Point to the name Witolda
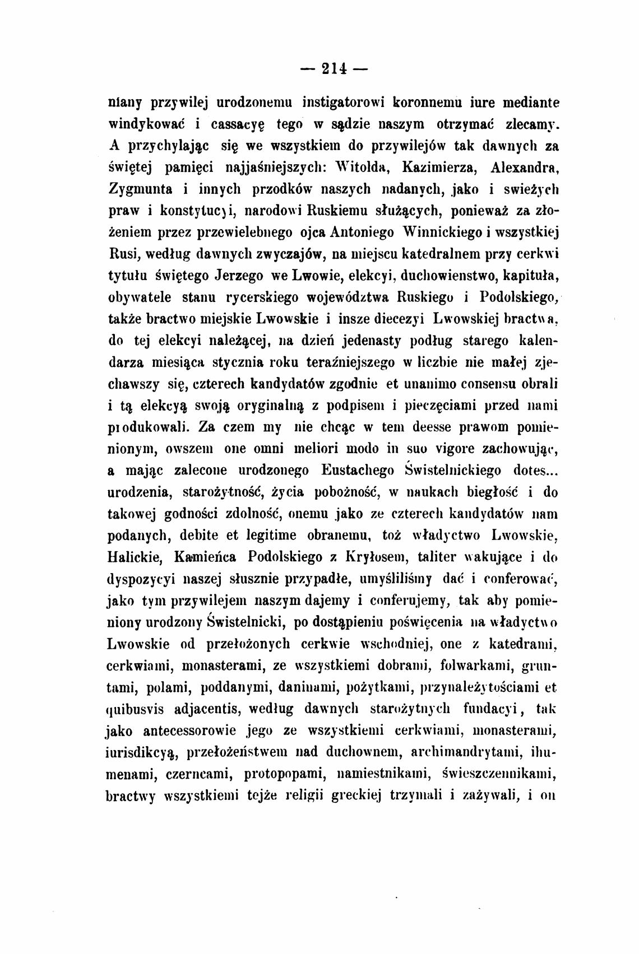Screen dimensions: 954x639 click(369, 167)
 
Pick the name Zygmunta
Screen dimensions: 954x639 click(141, 189)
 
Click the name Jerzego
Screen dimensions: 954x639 click(238, 276)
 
